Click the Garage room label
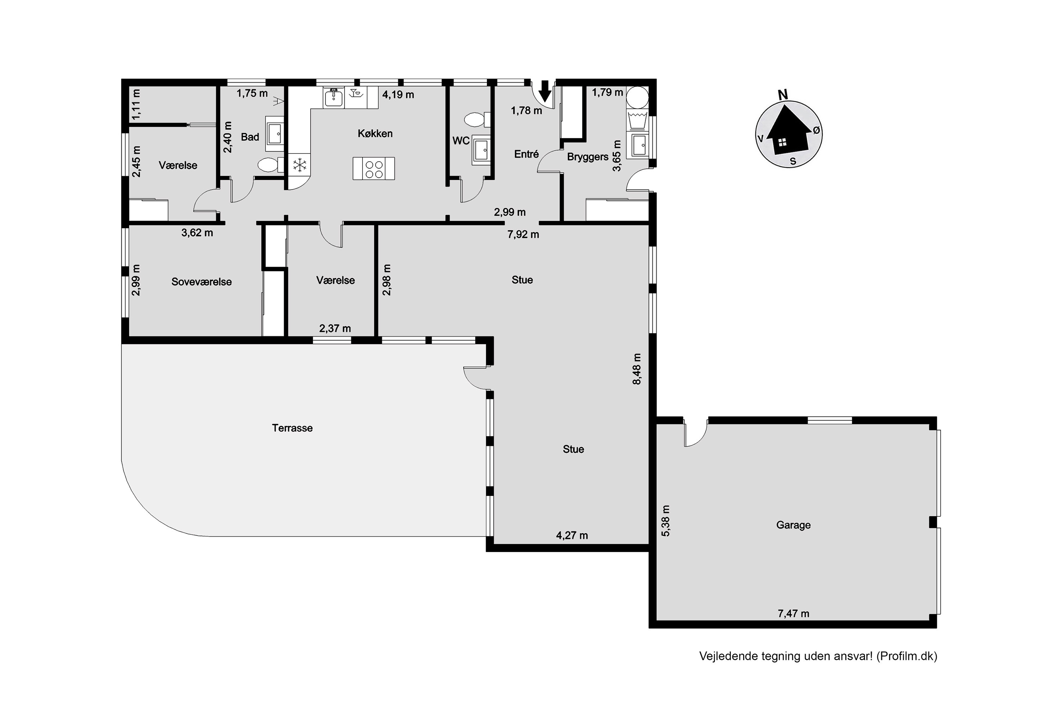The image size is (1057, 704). click(793, 525)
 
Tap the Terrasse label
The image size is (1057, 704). click(292, 428)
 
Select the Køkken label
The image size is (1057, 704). click(375, 133)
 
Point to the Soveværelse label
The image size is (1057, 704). click(201, 282)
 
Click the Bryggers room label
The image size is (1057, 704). click(588, 157)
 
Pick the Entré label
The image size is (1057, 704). click(526, 154)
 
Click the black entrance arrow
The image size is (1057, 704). click(545, 91)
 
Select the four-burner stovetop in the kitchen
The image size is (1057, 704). click(374, 168)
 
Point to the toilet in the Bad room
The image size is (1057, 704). click(271, 165)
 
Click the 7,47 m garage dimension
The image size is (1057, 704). click(793, 613)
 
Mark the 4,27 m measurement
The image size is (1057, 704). click(571, 535)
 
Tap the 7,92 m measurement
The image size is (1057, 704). click(523, 234)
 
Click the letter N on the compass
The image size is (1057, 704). click(783, 95)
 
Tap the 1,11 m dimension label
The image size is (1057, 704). click(136, 105)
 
